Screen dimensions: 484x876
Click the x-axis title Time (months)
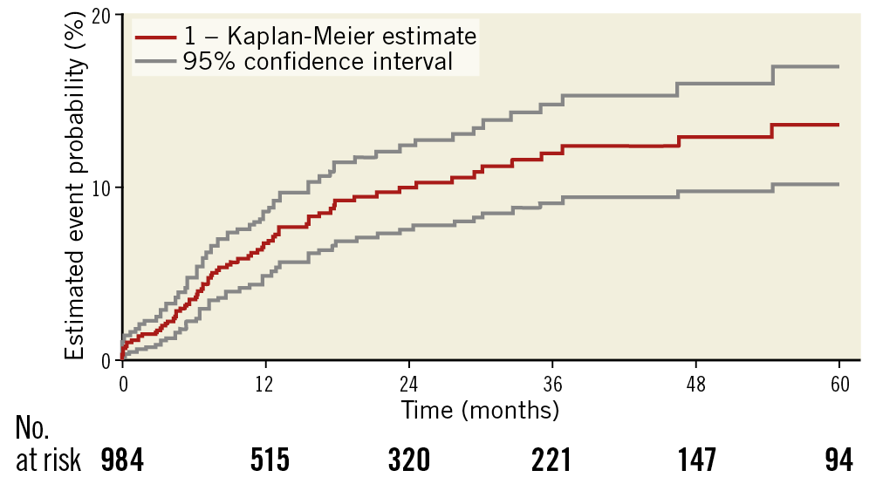coord(480,408)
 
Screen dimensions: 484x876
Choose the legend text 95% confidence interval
coord(318,61)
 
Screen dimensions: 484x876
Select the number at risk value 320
coord(409,460)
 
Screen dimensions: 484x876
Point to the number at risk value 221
coord(552,460)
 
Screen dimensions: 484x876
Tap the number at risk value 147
coord(695,460)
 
